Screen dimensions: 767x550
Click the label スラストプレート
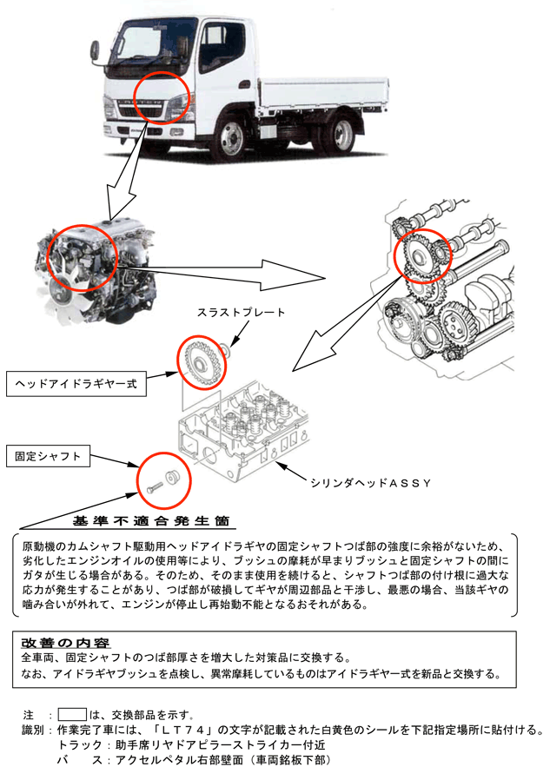coord(241,313)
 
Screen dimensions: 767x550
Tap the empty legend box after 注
coord(71,714)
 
